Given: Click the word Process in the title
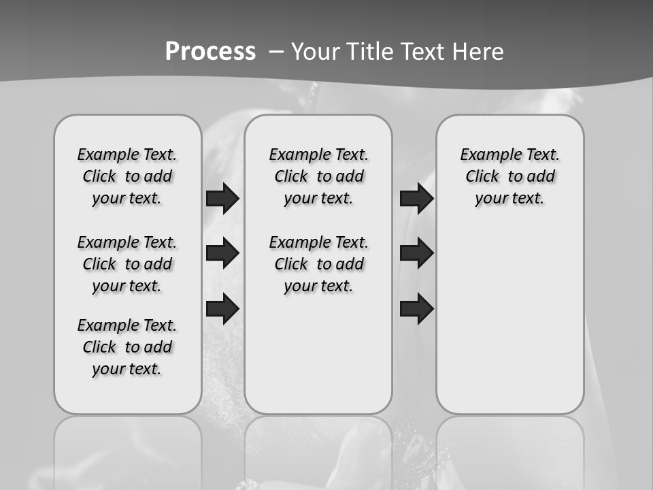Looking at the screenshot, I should [x=210, y=52].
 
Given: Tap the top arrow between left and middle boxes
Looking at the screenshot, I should [x=222, y=199].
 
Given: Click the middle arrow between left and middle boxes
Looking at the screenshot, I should [x=222, y=253].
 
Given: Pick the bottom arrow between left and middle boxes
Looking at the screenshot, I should [x=222, y=308].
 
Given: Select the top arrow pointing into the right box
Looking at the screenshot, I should [x=416, y=199].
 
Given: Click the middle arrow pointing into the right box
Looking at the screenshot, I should [x=416, y=253].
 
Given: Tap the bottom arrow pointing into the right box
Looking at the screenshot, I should [x=416, y=308].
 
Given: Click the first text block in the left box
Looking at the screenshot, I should [x=127, y=176].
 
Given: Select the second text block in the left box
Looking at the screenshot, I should [x=127, y=264].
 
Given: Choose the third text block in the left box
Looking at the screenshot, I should [x=127, y=347].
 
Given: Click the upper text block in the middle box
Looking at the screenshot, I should [x=318, y=176].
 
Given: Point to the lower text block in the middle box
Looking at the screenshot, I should [x=318, y=264].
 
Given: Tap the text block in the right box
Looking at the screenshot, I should [x=509, y=176].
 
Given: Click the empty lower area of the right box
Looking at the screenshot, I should [x=509, y=320].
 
